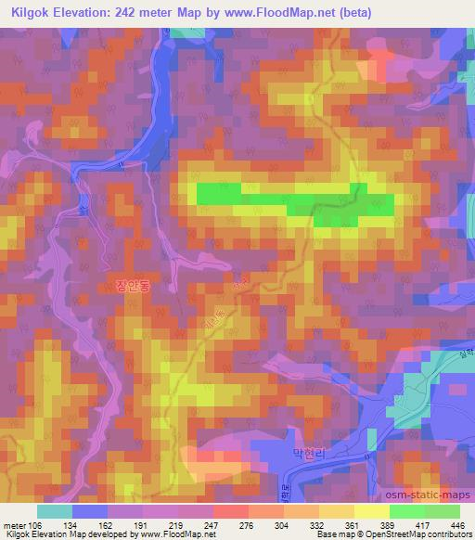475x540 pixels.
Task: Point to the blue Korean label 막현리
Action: [x=308, y=455]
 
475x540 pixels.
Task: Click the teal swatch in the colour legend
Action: [x=55, y=511]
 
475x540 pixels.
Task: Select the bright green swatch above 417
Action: [x=406, y=511]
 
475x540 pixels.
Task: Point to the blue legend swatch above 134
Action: [x=90, y=511]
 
